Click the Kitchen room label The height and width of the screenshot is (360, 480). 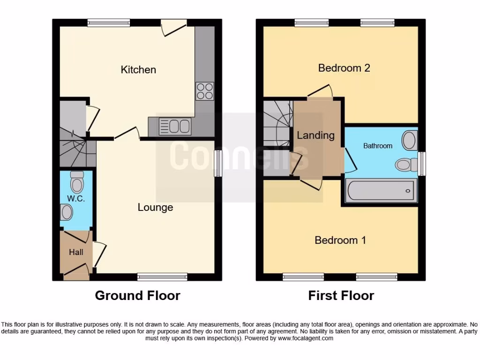(138, 70)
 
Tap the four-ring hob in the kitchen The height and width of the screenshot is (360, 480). (204, 90)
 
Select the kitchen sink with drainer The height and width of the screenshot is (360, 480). (175, 126)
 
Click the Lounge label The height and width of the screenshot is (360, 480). (155, 207)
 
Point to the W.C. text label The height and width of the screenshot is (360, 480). (75, 198)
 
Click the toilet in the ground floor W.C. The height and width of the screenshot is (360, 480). (76, 179)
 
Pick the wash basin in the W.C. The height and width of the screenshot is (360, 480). (67, 213)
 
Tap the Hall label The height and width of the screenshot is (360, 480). (76, 252)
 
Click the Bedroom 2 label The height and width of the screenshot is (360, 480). (344, 68)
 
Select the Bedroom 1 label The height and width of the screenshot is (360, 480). (340, 240)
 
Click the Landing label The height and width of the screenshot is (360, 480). (315, 135)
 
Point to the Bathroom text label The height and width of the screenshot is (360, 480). (378, 146)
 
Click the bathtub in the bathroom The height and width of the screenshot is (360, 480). (380, 191)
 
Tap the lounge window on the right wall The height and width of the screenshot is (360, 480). (218, 164)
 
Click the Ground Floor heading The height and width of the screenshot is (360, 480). (137, 296)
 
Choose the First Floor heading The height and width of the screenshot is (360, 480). (341, 296)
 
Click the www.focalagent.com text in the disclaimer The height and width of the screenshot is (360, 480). (305, 338)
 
